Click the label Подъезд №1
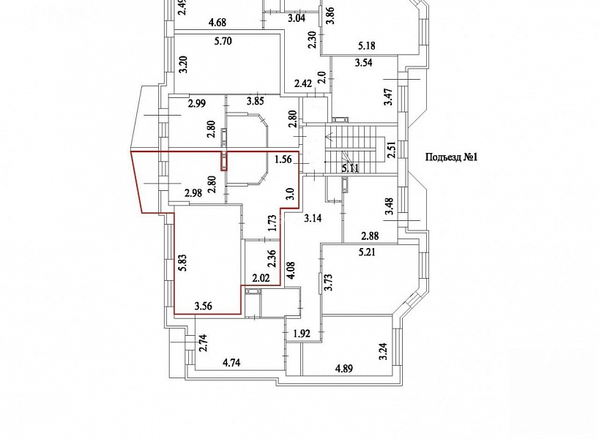point(452,157)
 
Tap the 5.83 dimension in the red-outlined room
point(183,263)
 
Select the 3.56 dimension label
point(204,306)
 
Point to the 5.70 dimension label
point(223,41)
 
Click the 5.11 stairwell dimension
point(350,168)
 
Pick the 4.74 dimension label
point(231,362)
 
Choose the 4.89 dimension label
point(344,369)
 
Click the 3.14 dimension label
point(313,218)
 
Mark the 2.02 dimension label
point(261,278)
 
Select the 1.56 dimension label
point(283,160)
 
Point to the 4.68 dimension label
point(217,23)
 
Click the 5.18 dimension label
point(366,46)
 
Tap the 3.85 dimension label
point(255,101)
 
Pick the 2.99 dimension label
point(197,103)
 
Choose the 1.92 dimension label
point(302,334)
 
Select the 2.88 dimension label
point(371,236)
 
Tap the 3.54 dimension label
point(364,63)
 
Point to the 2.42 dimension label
point(303,83)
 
